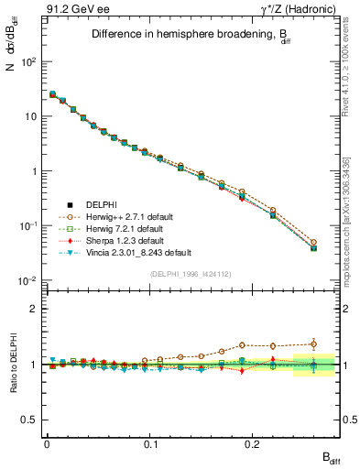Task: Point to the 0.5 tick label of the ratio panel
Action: (x=29, y=420)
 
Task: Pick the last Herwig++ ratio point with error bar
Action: (x=313, y=344)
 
